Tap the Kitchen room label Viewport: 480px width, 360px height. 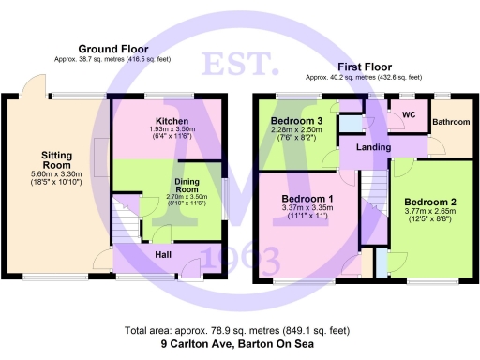172,122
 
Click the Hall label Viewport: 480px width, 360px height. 162,253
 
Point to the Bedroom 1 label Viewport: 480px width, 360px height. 307,199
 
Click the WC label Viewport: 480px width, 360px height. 408,115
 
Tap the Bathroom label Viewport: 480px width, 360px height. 451,121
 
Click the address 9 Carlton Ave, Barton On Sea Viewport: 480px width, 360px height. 240,344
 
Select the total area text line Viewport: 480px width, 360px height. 240,331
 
